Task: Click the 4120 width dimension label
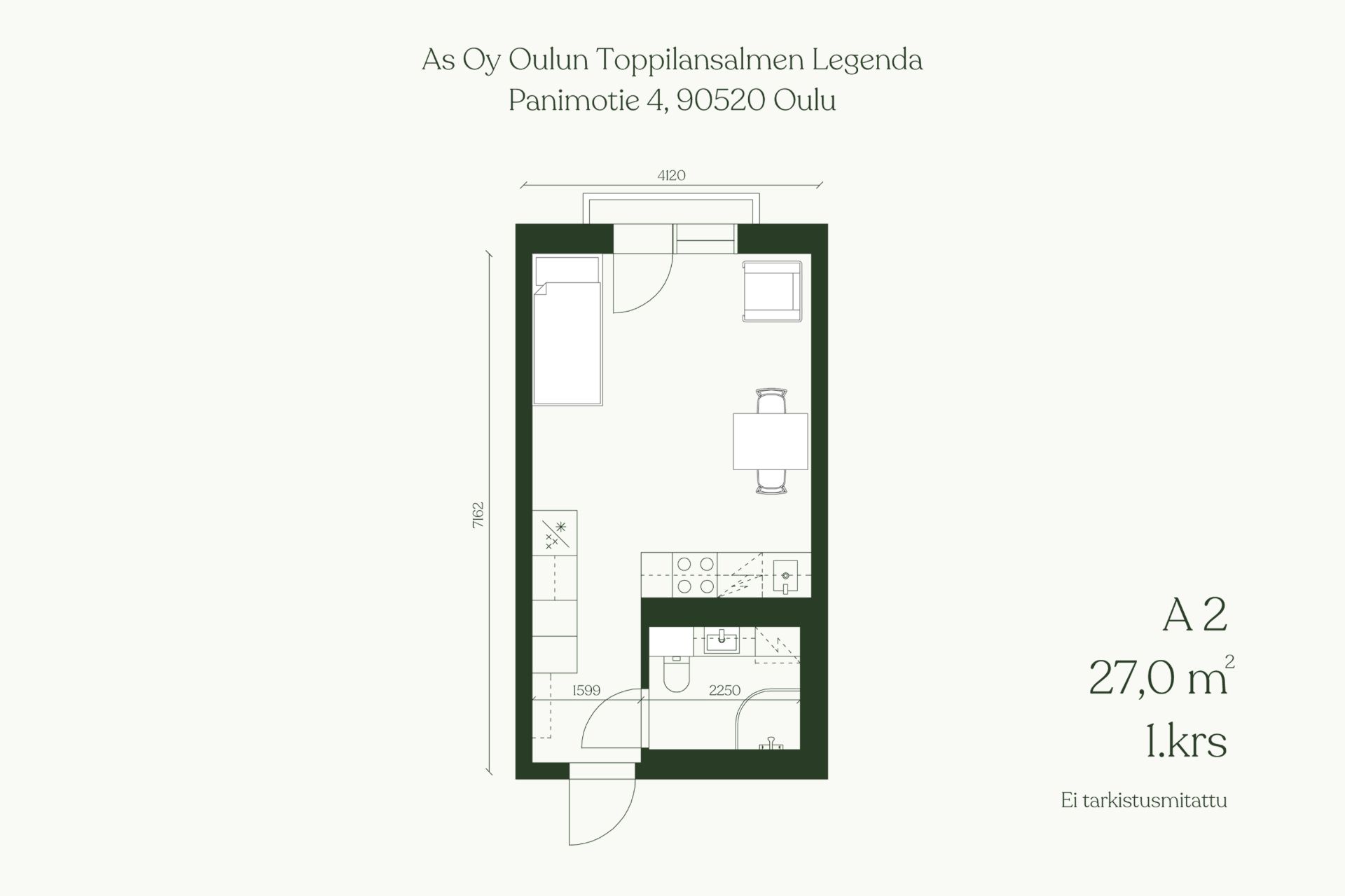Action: tap(671, 175)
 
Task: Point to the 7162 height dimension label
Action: tap(478, 515)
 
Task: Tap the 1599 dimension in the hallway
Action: tap(586, 690)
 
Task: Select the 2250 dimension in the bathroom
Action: tap(724, 690)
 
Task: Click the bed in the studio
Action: tap(567, 330)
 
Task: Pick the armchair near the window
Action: tap(772, 291)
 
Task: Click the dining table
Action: tap(771, 441)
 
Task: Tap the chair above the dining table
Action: tap(771, 401)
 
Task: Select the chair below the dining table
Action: tap(771, 481)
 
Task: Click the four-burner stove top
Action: tap(696, 575)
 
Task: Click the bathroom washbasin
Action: tap(722, 641)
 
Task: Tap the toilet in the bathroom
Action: tap(676, 673)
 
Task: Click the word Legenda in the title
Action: tap(867, 61)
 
